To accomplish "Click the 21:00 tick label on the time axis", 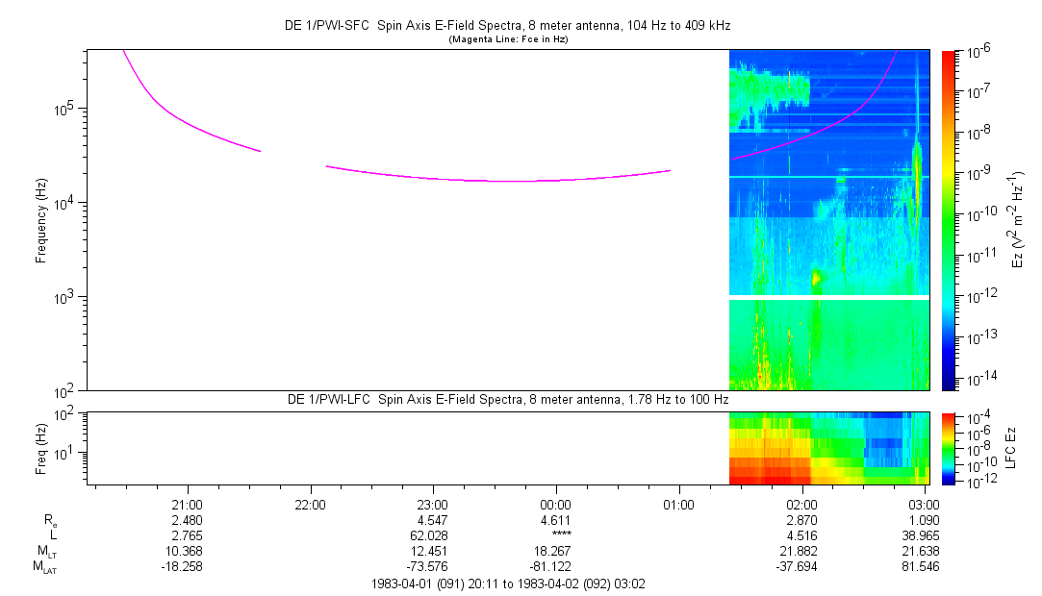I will (187, 503).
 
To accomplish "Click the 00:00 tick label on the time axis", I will (556, 503).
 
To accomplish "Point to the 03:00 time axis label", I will (925, 503).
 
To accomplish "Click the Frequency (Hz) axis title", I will (41, 220).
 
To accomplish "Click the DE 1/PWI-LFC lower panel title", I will (507, 398).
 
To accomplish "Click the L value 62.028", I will (433, 534).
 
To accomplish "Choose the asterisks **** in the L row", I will (556, 534).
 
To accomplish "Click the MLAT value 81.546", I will (925, 566).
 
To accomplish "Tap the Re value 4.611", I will (556, 518).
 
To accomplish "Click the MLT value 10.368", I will (187, 550).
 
